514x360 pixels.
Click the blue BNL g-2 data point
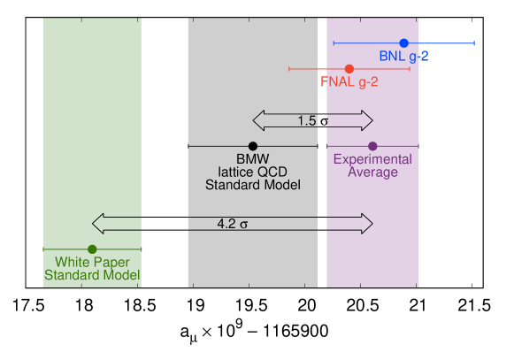[403, 43]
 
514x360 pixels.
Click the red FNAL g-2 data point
[349, 69]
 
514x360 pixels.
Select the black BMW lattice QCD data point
[253, 146]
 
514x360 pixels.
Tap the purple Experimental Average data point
[372, 146]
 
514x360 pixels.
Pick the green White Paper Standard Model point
[92, 249]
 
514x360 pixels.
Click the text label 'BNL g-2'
[404, 57]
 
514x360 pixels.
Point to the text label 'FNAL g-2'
[349, 82]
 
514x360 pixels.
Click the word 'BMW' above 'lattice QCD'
[253, 159]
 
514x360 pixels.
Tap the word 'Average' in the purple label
[372, 172]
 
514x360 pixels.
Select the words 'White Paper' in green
[92, 263]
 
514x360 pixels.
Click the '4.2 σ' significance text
[233, 225]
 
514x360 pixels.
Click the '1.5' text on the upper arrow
[307, 120]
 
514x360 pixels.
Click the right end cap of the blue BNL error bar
[475, 43]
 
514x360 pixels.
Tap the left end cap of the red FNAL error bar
[289, 69]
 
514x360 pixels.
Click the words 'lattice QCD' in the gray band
[253, 172]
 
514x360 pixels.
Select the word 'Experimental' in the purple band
[372, 159]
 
